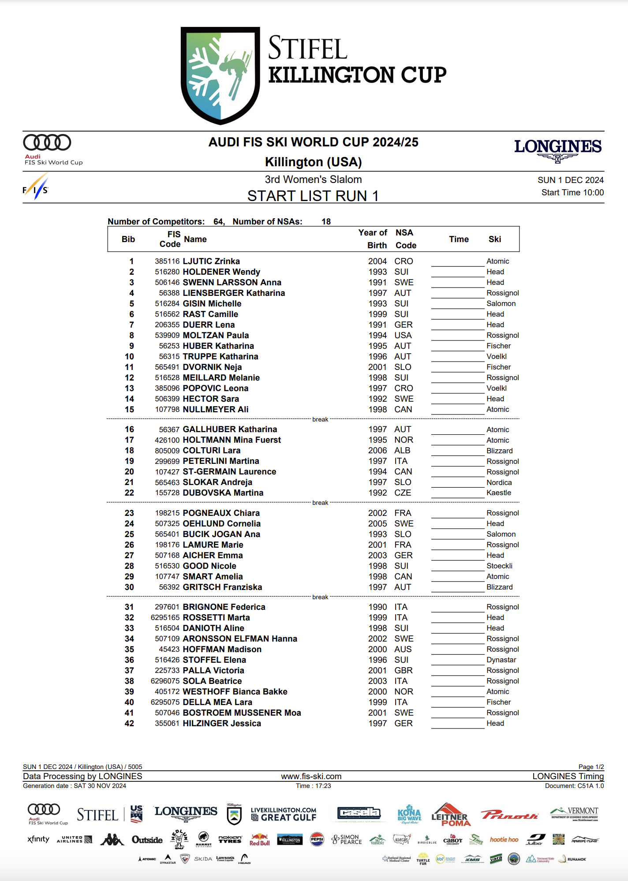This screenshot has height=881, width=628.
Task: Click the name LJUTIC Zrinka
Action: click(x=211, y=261)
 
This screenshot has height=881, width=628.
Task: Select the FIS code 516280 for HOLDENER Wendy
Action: click(x=167, y=272)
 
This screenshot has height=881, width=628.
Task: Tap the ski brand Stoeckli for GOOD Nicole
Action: click(x=499, y=566)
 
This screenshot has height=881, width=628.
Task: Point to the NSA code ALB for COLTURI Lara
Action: click(x=402, y=451)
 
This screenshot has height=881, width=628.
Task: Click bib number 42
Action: click(x=129, y=724)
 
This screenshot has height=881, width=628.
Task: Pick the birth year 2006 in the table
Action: click(x=378, y=451)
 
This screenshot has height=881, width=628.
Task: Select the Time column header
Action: click(x=459, y=239)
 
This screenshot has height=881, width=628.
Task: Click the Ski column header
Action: click(x=495, y=239)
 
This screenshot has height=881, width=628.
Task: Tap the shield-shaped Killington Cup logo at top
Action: click(x=220, y=75)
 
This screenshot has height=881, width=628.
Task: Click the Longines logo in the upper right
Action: click(x=557, y=149)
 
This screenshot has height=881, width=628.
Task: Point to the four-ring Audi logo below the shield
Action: click(x=47, y=143)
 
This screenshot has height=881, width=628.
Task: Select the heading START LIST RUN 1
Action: click(x=313, y=196)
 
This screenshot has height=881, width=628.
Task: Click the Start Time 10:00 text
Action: click(x=572, y=193)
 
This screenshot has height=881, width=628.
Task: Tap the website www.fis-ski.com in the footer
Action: click(x=311, y=776)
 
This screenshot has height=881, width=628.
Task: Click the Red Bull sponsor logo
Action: click(x=259, y=840)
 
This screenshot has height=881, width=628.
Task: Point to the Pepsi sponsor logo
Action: click(x=317, y=839)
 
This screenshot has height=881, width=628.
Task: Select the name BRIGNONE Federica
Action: click(x=224, y=607)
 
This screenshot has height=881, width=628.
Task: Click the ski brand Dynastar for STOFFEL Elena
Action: click(x=501, y=660)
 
